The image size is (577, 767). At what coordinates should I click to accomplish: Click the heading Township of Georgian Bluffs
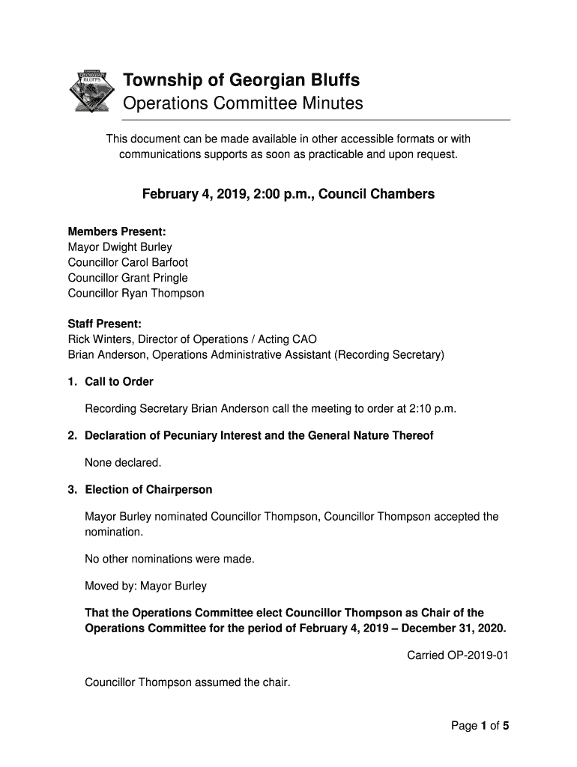point(241,80)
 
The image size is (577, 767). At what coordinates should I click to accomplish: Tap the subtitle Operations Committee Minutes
point(243,103)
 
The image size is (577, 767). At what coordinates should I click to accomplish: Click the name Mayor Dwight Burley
point(120,247)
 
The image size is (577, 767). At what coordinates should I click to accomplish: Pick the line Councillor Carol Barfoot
point(128,263)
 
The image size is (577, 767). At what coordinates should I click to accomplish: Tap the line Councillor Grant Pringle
point(128,278)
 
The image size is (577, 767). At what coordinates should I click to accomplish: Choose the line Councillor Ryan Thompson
point(136,294)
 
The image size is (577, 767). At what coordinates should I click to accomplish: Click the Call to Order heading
point(119,382)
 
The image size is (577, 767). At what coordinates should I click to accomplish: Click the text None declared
point(123,463)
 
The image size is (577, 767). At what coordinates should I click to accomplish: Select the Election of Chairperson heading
point(148,490)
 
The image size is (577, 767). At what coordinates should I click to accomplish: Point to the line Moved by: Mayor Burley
point(145,586)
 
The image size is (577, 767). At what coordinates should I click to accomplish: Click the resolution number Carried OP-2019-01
point(457,656)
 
